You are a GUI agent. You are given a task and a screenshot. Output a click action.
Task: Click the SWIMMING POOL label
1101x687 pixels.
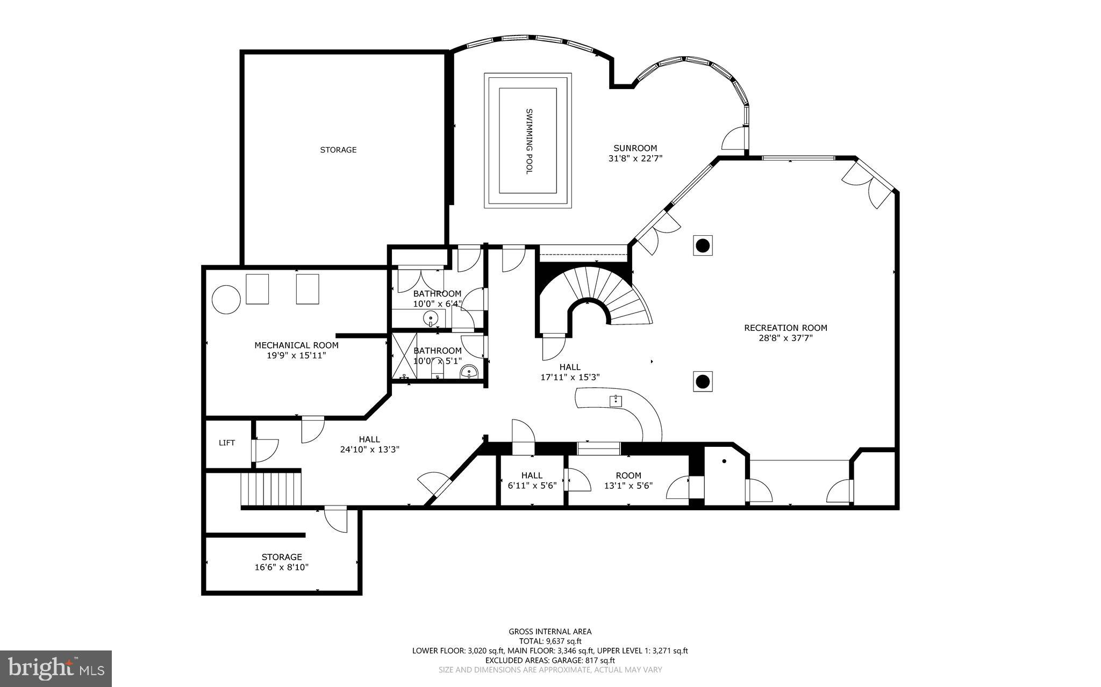point(529,141)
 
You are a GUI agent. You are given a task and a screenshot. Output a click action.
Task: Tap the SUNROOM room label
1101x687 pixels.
point(635,148)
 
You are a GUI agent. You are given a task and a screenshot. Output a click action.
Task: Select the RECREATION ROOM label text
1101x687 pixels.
point(785,328)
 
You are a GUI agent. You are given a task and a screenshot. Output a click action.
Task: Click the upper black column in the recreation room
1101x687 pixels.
point(703,246)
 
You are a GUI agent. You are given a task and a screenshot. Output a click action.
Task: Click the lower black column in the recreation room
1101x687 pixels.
point(703,382)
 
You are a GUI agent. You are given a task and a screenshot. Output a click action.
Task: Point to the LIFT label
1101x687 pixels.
point(226,443)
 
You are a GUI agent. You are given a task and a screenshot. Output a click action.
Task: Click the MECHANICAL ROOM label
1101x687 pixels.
point(296,345)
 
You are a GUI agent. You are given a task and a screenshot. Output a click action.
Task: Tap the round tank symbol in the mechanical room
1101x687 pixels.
point(226,299)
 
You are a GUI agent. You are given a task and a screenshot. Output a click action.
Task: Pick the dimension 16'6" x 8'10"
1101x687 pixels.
point(281,567)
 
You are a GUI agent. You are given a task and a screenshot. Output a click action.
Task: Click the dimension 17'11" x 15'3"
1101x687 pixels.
point(569,377)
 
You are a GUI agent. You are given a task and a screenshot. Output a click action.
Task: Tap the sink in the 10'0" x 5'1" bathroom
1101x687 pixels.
point(469,372)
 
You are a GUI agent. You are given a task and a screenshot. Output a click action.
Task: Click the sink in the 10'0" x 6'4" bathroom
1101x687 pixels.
point(431,319)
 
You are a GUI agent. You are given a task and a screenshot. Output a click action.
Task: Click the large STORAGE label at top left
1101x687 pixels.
point(338,150)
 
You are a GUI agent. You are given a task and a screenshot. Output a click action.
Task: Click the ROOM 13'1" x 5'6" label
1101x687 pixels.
point(628,475)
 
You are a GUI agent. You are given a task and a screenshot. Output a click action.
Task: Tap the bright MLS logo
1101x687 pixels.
point(56,668)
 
